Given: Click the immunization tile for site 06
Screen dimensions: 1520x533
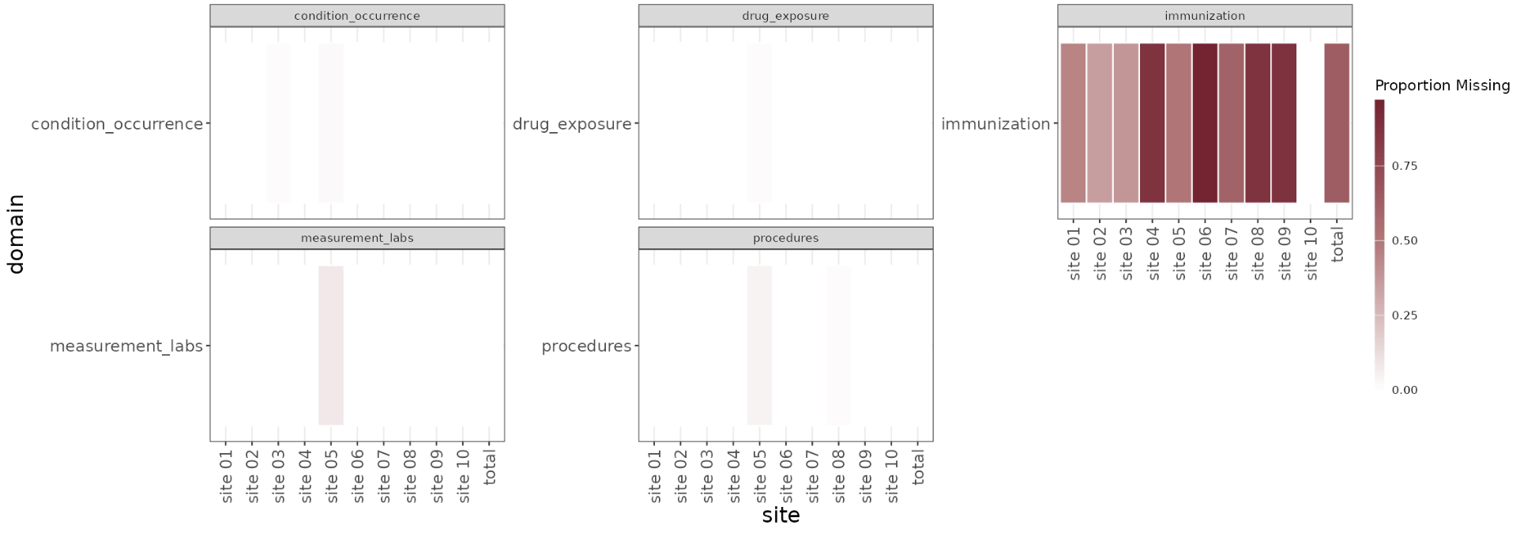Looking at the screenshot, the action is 1205,123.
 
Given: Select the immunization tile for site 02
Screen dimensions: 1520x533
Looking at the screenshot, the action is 1100,123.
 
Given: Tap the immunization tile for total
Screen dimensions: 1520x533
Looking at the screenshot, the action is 1337,123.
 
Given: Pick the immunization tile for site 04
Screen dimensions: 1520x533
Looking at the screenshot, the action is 1153,123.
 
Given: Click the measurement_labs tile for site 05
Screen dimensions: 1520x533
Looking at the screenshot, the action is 331,346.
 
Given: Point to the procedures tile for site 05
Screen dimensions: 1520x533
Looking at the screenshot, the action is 759,346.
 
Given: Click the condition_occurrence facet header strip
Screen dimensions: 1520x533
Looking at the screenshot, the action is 357,16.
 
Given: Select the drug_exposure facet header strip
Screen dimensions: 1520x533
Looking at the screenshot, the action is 786,16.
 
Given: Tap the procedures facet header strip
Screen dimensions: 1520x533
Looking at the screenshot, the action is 786,238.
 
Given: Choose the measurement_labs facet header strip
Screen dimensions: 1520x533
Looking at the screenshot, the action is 357,238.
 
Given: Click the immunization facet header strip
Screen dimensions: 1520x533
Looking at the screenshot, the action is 1205,16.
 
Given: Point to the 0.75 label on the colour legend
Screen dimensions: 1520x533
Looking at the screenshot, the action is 1405,166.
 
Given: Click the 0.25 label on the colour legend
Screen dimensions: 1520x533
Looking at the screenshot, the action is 1405,316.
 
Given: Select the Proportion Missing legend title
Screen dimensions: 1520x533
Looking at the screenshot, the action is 1443,85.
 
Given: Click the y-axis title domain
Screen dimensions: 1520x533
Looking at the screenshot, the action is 16,234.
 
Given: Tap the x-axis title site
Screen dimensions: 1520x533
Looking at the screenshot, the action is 781,516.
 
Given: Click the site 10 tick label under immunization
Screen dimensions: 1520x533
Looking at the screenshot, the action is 1311,254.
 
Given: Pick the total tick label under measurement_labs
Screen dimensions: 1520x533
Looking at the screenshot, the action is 490,467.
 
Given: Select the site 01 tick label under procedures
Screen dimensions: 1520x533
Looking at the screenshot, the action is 655,477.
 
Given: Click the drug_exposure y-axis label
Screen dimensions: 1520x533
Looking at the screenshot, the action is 572,124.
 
